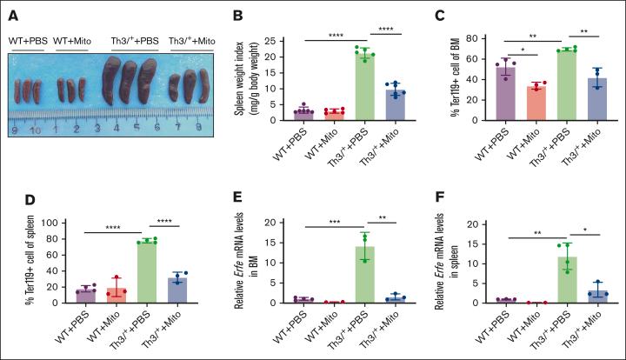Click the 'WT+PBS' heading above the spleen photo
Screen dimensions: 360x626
pyautogui.click(x=28, y=39)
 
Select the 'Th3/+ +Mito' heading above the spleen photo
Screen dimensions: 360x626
pyautogui.click(x=192, y=40)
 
